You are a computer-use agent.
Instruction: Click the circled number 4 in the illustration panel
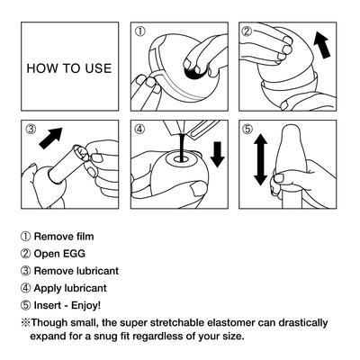[x=139, y=129]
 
